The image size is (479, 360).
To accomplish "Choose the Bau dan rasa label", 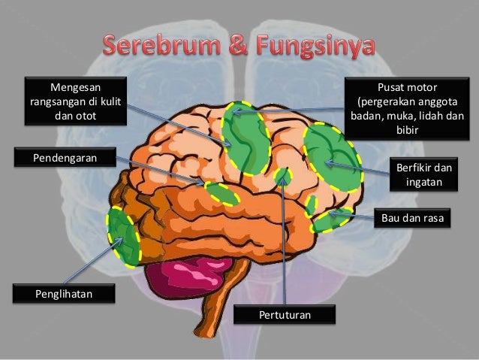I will click(412, 219).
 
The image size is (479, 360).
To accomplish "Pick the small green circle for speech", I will click(283, 177).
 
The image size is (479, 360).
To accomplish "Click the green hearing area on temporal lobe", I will click(222, 193).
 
